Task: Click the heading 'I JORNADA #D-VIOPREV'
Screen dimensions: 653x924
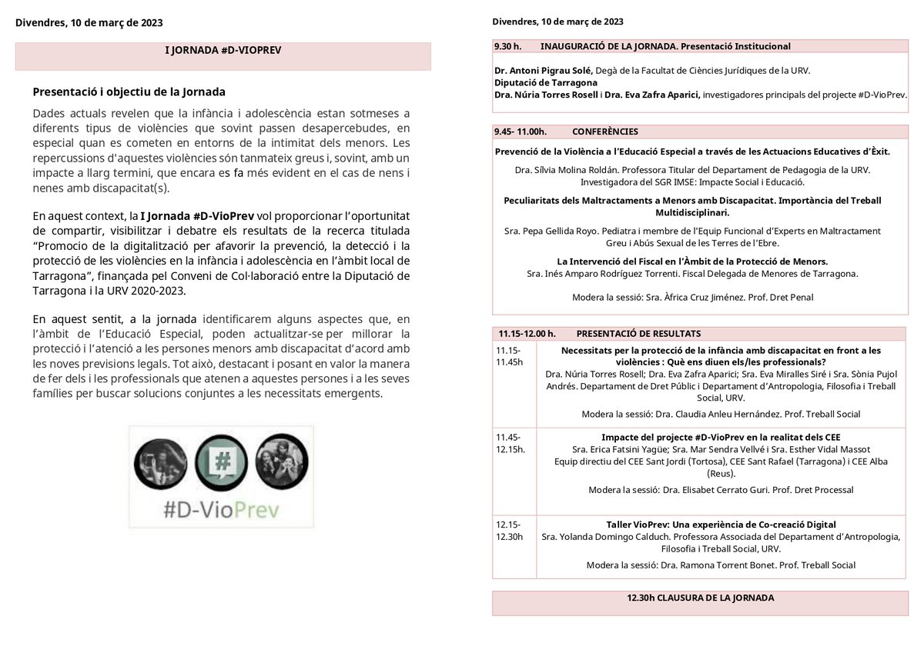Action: (223, 49)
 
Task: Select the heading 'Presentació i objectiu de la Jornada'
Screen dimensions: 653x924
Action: (129, 92)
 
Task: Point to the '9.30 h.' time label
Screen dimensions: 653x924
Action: (507, 46)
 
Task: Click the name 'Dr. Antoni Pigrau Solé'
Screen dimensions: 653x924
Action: (543, 70)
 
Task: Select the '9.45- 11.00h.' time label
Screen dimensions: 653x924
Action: (521, 132)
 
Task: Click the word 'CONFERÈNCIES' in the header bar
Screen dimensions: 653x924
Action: (605, 132)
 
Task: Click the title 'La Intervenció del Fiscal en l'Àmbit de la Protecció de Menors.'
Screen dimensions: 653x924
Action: (692, 262)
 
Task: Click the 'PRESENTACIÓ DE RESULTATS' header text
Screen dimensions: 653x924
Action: (638, 334)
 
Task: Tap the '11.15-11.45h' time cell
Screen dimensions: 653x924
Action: (510, 356)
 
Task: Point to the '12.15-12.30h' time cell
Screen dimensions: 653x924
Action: (510, 531)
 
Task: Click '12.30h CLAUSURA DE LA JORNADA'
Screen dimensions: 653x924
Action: (700, 598)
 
